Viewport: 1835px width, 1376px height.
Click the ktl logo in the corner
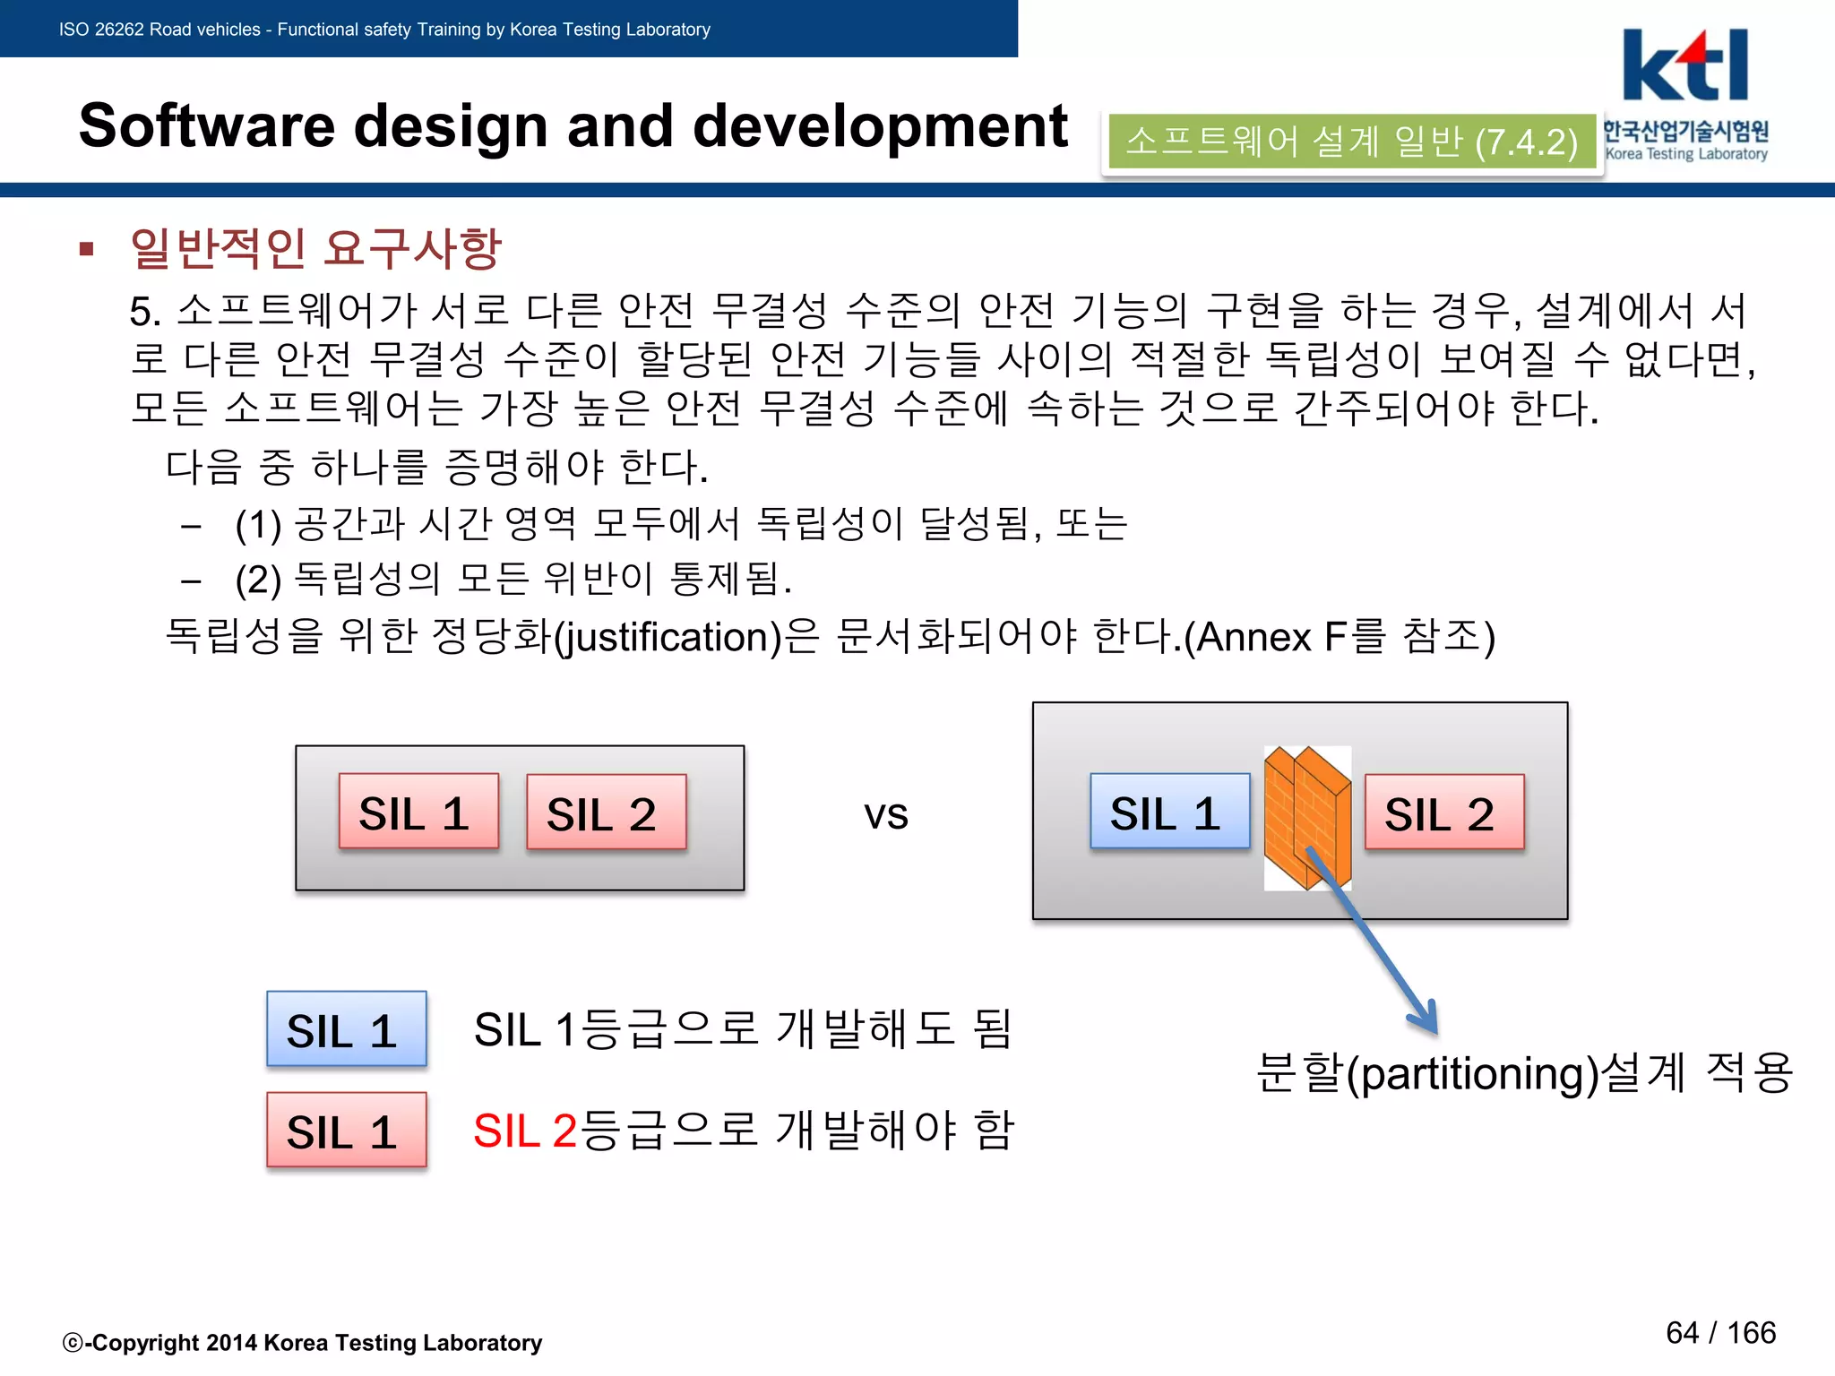[x=1684, y=67]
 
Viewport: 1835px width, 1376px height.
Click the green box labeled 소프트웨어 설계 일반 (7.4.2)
[x=1351, y=142]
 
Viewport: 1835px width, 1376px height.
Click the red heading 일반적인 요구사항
[x=315, y=247]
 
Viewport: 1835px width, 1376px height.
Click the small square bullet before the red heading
[x=87, y=249]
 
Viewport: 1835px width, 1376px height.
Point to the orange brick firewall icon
[x=1307, y=817]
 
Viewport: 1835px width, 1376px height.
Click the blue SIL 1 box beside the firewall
[x=1168, y=812]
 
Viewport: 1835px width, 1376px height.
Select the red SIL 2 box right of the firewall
[x=1443, y=813]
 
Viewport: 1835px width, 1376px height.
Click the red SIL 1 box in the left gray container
[x=418, y=812]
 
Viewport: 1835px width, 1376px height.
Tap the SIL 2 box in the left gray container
[x=606, y=813]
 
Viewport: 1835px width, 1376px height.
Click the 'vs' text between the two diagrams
[x=885, y=814]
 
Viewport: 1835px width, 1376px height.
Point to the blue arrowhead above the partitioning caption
[x=1426, y=1017]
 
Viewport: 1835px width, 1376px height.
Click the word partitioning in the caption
[x=1474, y=1073]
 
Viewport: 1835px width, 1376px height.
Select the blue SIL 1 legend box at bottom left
[x=346, y=1029]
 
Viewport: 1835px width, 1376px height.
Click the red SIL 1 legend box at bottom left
[x=346, y=1131]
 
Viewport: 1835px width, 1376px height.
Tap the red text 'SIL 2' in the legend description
[x=524, y=1131]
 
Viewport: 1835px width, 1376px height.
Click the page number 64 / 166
[x=1720, y=1333]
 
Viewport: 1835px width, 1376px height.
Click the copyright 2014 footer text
[x=303, y=1342]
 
